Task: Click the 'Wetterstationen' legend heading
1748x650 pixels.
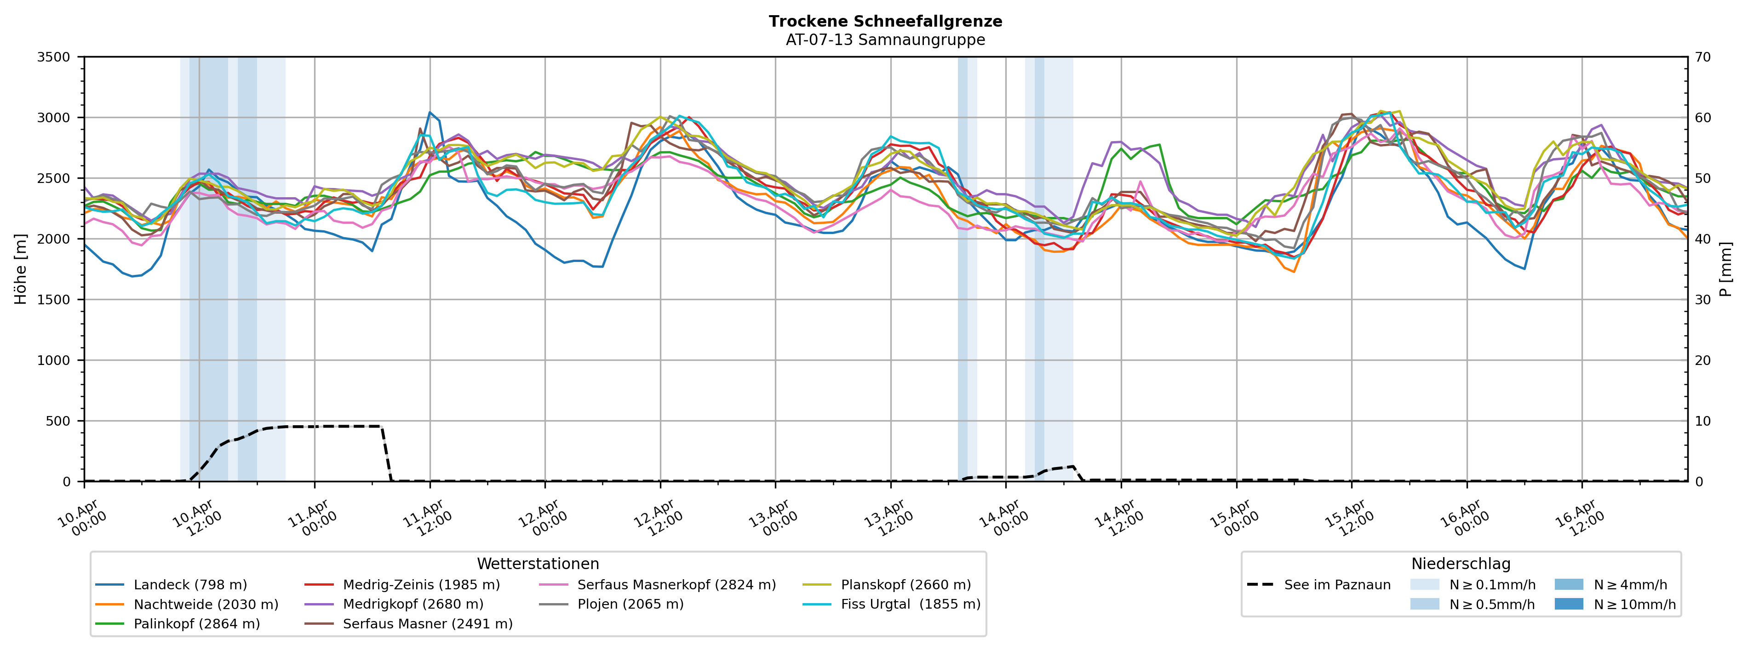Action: coord(538,564)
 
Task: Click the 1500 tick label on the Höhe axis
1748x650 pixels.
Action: coord(54,300)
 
